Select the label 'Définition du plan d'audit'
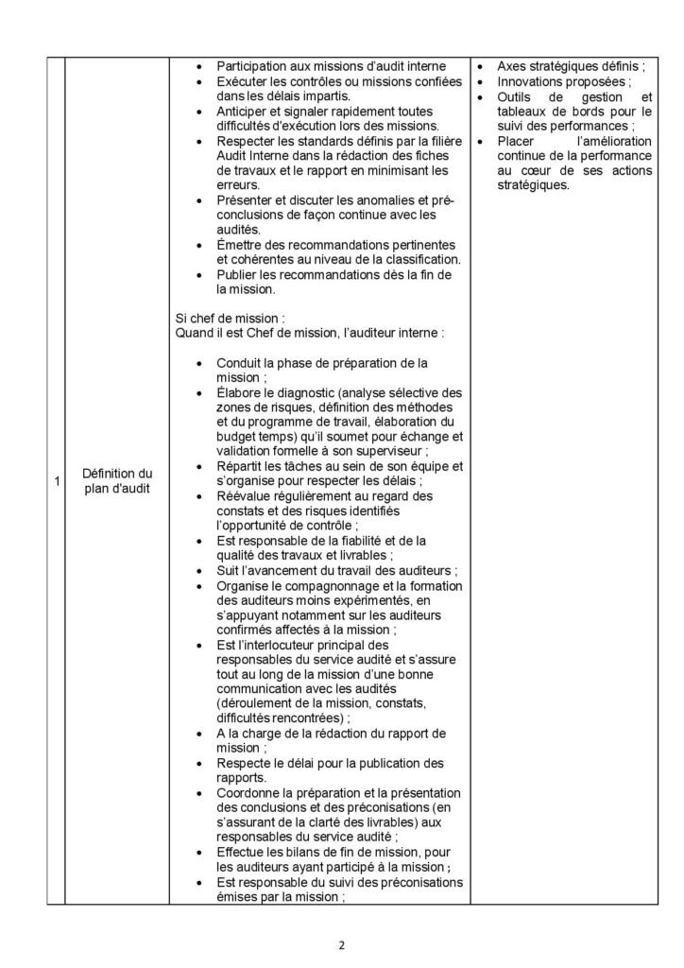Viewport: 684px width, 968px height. point(117,480)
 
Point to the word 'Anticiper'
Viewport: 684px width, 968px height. point(243,112)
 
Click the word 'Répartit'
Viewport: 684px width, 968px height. point(240,466)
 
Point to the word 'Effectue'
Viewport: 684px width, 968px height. point(241,851)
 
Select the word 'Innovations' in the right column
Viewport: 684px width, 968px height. point(530,82)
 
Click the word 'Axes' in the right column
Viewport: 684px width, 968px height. point(512,67)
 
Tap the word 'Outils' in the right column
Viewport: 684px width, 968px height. point(515,96)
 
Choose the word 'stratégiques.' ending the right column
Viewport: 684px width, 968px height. point(532,185)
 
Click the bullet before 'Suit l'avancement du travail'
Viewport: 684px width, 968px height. point(197,570)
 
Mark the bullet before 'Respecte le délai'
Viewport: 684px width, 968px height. point(197,762)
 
